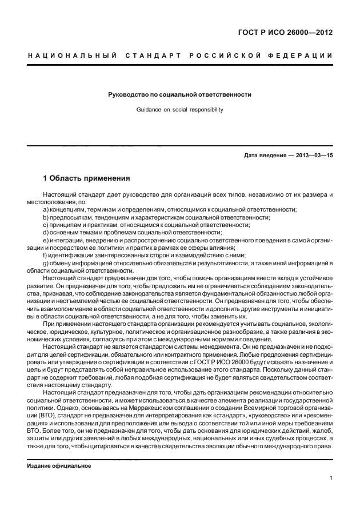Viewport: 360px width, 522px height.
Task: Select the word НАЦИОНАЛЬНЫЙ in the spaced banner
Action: click(x=71, y=55)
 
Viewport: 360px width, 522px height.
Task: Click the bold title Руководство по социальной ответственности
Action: click(x=180, y=94)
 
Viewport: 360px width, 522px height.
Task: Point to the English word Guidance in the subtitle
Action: click(x=149, y=109)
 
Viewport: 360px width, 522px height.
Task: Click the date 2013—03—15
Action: click(x=314, y=156)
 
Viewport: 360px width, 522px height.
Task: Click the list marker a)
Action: click(x=46, y=210)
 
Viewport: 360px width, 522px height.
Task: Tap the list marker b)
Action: click(x=46, y=217)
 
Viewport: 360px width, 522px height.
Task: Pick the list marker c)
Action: click(x=46, y=225)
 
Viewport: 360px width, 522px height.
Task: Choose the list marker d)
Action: click(x=46, y=232)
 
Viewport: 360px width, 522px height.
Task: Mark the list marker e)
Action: click(x=46, y=240)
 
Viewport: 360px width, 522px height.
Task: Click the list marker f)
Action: click(x=45, y=254)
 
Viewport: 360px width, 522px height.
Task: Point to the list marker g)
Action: click(x=46, y=262)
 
